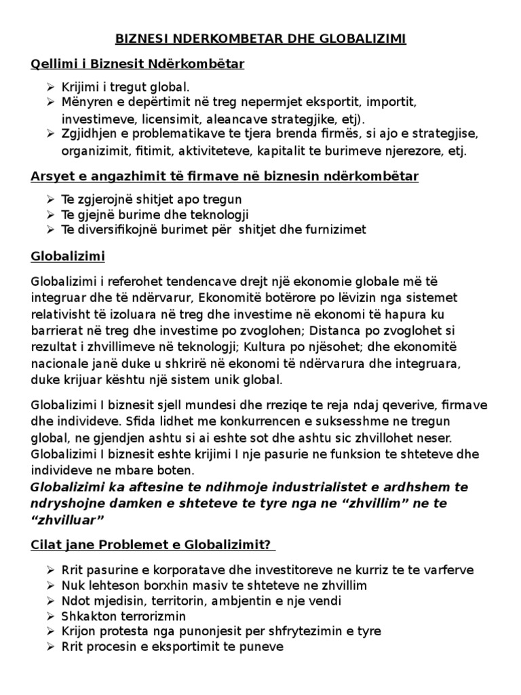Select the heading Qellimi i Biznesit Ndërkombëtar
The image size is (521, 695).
pos(138,64)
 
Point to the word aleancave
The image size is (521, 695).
pos(223,119)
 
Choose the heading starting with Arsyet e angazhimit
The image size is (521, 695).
pos(225,177)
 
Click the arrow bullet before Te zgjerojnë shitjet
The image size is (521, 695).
pos(54,200)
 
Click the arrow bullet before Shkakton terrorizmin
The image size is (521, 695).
pos(54,616)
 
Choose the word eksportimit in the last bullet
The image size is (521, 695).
pos(180,647)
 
